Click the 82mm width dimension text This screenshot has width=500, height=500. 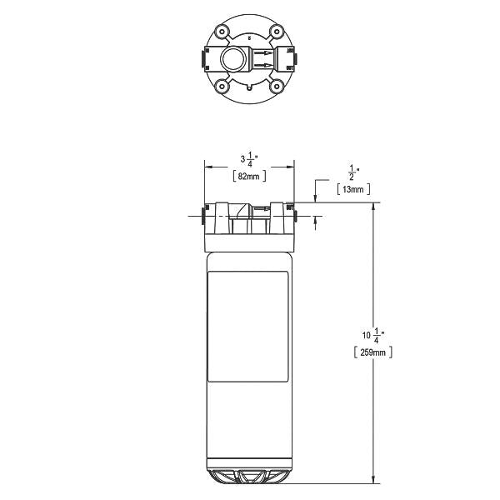coord(248,177)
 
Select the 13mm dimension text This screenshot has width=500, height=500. coord(354,190)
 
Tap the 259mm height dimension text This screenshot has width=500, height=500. coord(367,352)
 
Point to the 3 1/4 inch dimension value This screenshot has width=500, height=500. coord(248,157)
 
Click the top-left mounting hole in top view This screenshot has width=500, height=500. coord(221,34)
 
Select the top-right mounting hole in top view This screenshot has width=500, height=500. coord(276,34)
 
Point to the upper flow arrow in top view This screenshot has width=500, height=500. coord(262,53)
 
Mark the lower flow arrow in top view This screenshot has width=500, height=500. coord(262,66)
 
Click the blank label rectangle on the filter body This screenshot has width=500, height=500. coord(247,327)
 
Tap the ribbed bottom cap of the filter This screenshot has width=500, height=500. coord(248,475)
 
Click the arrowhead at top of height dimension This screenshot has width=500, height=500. coord(372,207)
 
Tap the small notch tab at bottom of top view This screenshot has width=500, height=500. coord(248,87)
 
